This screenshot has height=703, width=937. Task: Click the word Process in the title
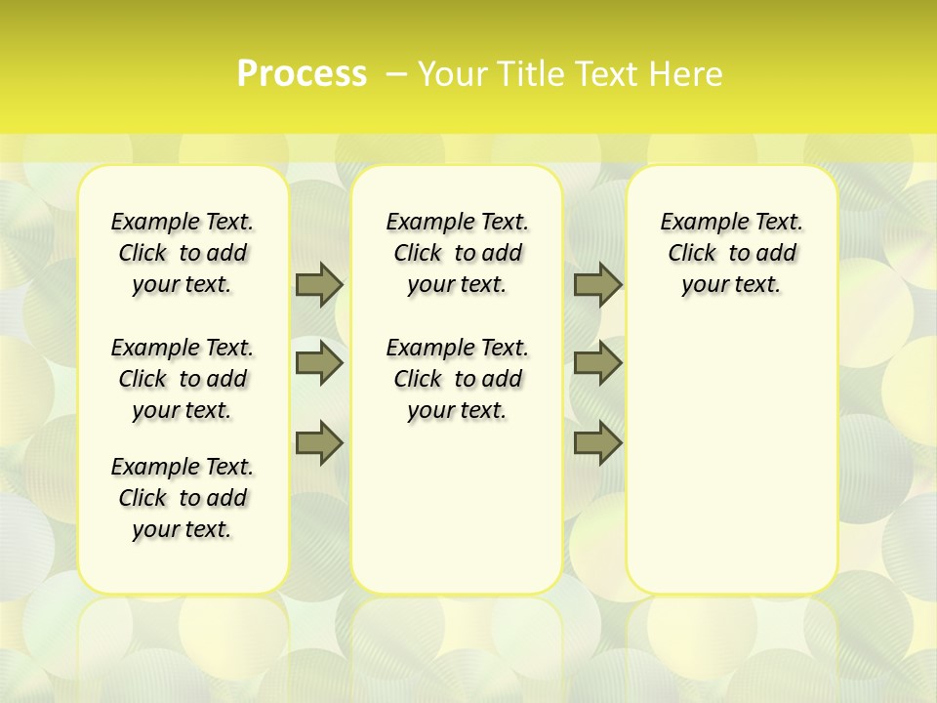(x=302, y=74)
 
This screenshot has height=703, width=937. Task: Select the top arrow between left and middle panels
(x=319, y=284)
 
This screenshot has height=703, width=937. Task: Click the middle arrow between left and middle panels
(x=319, y=363)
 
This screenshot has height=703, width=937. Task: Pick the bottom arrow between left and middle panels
(x=319, y=442)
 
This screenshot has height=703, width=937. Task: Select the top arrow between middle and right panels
(x=597, y=284)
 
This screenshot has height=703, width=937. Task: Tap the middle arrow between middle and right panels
(x=597, y=363)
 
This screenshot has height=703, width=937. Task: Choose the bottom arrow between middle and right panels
(x=597, y=442)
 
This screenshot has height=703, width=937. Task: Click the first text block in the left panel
(x=183, y=253)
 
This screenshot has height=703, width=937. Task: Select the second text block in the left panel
(x=183, y=379)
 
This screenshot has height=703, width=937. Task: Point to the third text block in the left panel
(x=183, y=498)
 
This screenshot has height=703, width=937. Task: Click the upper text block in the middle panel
(x=457, y=253)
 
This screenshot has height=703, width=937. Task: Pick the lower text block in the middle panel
(x=457, y=379)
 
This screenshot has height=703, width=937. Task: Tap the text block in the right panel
(x=732, y=253)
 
